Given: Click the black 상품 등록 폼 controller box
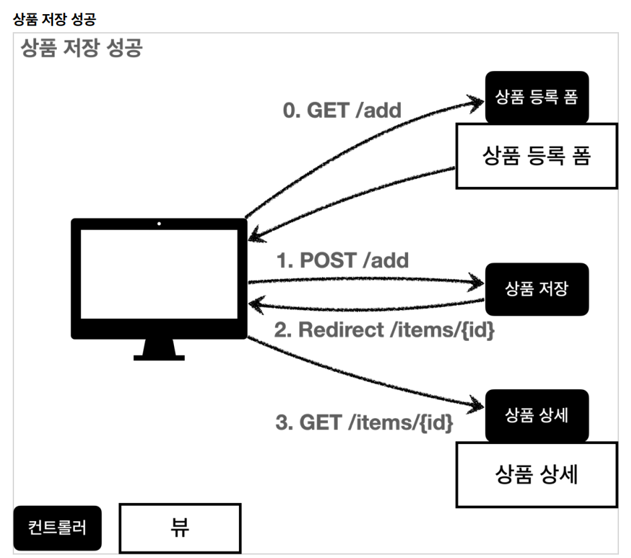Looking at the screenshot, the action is pos(537,97).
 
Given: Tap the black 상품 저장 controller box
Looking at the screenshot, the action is pos(537,289).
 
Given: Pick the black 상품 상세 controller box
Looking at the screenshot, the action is pos(537,415).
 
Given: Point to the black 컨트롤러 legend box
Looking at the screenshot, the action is pos(58,528).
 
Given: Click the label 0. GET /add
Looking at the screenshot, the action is pos(342,111).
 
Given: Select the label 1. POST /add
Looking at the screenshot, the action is pos(343,261).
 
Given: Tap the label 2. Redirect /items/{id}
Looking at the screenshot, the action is pos(384,330).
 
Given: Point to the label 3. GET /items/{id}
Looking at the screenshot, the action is pos(364,423).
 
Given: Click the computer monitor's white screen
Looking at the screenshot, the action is pos(159,274).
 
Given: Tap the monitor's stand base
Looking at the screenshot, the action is pos(159,358).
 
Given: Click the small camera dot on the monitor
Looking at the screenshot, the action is pos(159,224).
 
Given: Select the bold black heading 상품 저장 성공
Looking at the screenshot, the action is pos(54,19).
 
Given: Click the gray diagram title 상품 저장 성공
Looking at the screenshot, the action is pos(81,48).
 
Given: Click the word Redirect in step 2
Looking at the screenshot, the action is pos(341,330).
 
